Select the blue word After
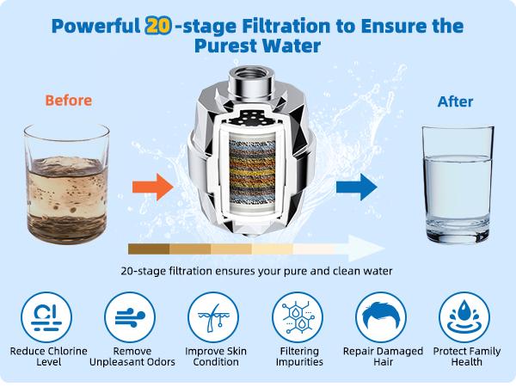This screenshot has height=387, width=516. click(x=455, y=101)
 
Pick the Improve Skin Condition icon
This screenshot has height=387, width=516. click(x=213, y=317)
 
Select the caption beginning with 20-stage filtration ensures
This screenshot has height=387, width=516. click(x=257, y=272)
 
